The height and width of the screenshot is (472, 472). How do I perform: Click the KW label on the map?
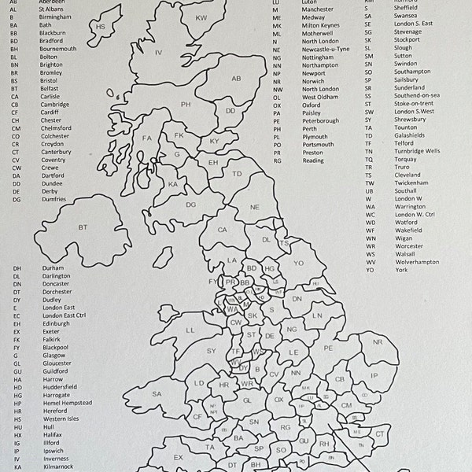(x=201, y=17)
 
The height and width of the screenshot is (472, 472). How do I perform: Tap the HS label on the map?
(x=100, y=27)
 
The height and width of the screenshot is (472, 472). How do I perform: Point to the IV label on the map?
(x=158, y=53)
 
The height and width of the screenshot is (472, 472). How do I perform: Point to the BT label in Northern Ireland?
(x=83, y=227)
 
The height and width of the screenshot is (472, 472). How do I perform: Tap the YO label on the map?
(x=298, y=263)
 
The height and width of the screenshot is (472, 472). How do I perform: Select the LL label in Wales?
(x=190, y=330)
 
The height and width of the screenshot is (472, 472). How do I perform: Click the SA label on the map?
(x=157, y=394)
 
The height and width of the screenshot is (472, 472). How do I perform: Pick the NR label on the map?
(x=377, y=342)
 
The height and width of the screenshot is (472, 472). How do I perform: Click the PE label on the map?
(x=328, y=347)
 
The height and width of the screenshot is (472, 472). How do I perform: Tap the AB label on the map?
(x=236, y=79)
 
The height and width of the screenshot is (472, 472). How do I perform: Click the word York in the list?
(x=401, y=270)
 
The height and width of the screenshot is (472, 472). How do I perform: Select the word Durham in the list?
(x=53, y=267)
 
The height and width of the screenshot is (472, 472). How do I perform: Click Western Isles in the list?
(x=61, y=418)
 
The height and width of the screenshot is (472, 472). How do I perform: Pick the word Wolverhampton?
(x=417, y=262)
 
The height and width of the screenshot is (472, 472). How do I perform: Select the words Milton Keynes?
(x=321, y=25)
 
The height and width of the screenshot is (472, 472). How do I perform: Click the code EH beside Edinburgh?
(x=17, y=323)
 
